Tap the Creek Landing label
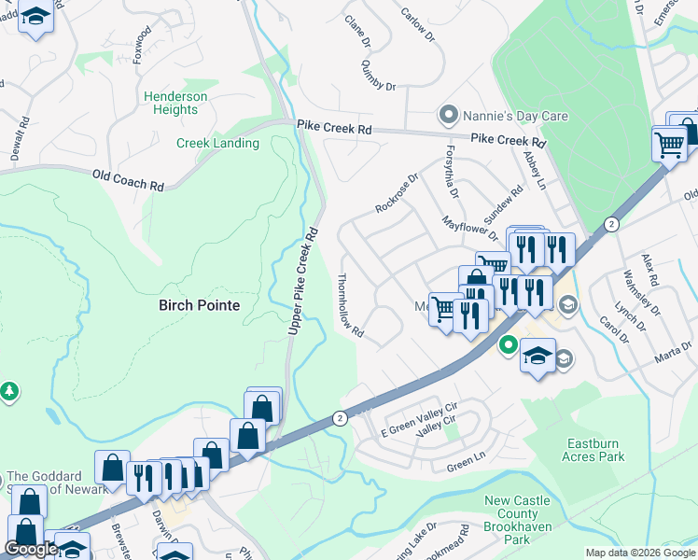217,143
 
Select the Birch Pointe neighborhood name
199,305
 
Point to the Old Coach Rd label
128,179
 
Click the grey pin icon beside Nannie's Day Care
449,117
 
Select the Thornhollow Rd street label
350,306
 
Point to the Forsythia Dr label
453,175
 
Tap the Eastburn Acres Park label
593,450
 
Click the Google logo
32,549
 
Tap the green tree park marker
9,390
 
